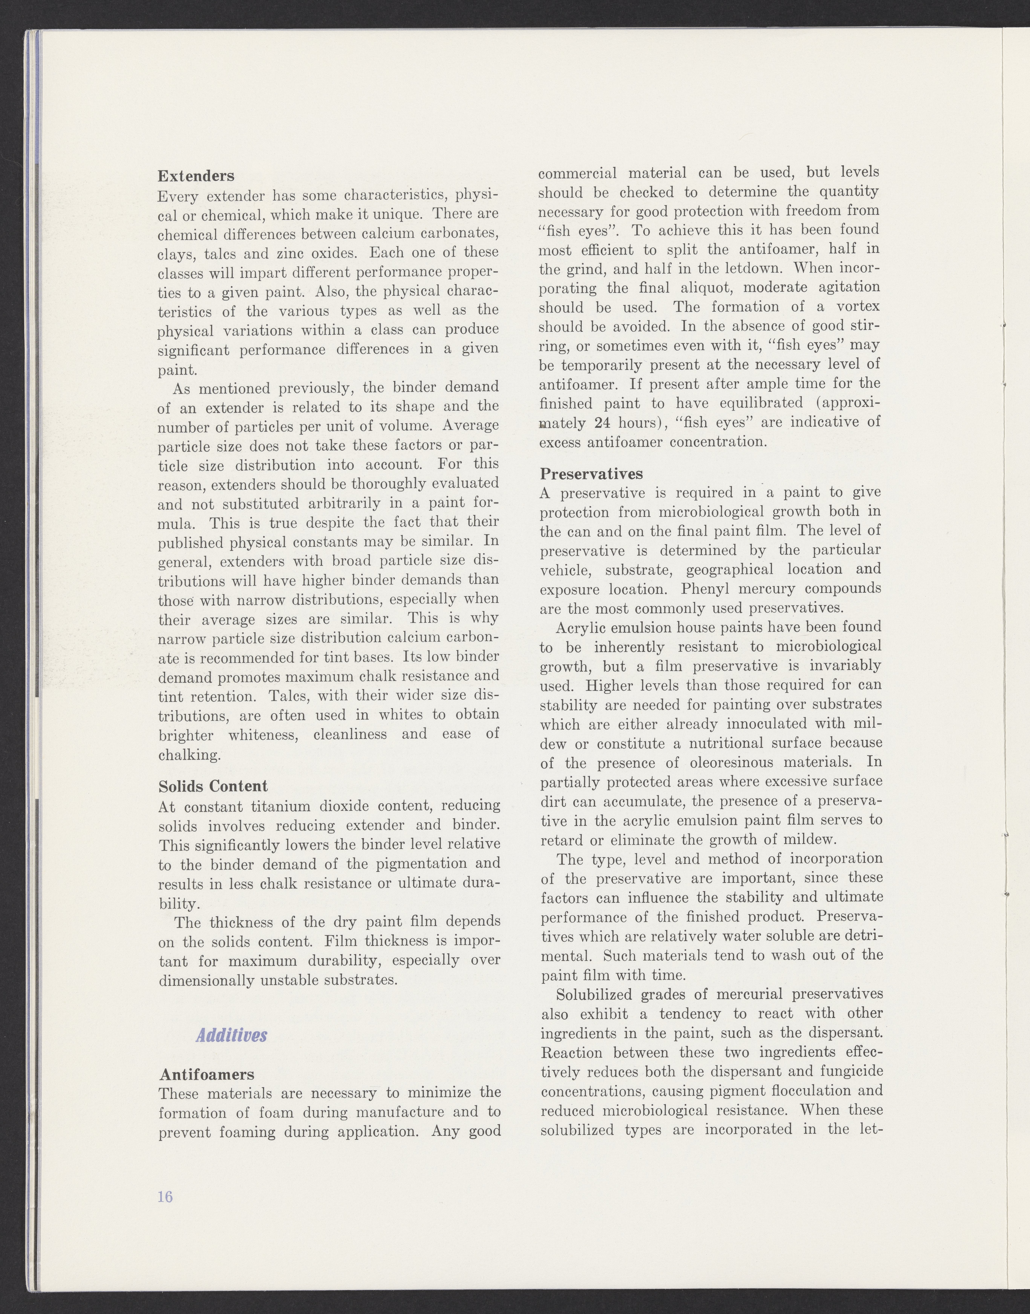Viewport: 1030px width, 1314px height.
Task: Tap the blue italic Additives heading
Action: pos(232,1036)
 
